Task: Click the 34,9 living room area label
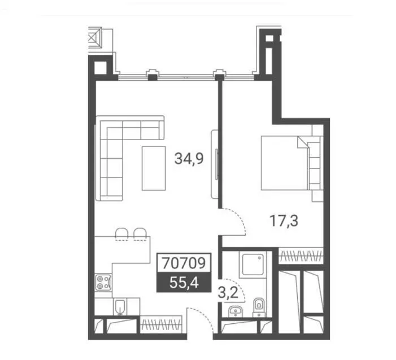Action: pyautogui.click(x=189, y=159)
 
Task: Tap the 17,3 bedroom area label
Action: pyautogui.click(x=284, y=220)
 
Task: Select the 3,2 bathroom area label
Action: pyautogui.click(x=228, y=293)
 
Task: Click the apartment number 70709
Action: pyautogui.click(x=184, y=263)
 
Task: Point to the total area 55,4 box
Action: pyautogui.click(x=184, y=282)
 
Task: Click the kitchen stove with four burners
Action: pyautogui.click(x=103, y=282)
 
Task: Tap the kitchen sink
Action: pyautogui.click(x=121, y=307)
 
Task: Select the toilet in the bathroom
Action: pyautogui.click(x=259, y=307)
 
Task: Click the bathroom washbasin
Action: pyautogui.click(x=236, y=311)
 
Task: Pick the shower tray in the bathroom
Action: pyautogui.click(x=253, y=264)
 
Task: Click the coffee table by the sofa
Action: pyautogui.click(x=154, y=168)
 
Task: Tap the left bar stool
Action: pyautogui.click(x=121, y=233)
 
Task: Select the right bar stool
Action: pyautogui.click(x=140, y=233)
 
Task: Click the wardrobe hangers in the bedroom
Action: pyautogui.click(x=301, y=255)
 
